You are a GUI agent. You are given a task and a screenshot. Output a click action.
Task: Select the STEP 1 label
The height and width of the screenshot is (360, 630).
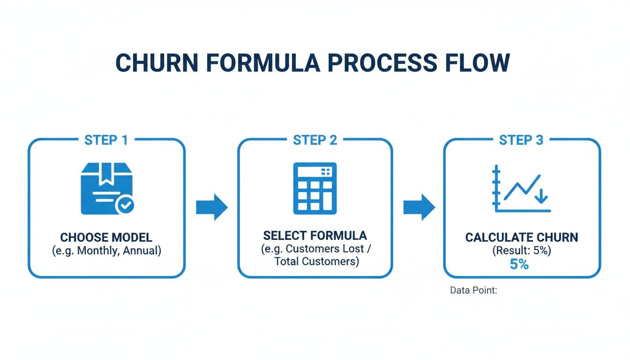[x=106, y=140]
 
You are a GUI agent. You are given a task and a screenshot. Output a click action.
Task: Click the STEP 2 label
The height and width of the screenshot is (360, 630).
[x=315, y=140]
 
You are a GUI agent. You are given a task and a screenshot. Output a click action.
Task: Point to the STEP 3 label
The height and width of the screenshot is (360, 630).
[x=521, y=140]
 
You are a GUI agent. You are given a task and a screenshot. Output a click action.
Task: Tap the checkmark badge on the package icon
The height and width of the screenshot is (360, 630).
[x=125, y=205]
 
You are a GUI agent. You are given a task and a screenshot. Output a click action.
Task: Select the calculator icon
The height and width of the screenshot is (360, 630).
[x=315, y=188]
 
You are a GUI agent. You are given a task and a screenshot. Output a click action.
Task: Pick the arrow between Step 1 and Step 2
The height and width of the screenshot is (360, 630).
[x=211, y=207]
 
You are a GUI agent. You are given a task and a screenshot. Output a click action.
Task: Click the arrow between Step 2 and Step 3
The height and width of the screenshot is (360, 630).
[x=419, y=207]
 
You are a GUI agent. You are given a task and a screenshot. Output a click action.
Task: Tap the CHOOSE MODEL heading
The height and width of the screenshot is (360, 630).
[x=106, y=237]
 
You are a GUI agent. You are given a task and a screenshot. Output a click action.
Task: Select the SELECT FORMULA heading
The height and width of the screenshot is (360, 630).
[x=315, y=235]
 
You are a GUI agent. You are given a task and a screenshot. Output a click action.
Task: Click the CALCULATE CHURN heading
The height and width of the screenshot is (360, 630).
[x=522, y=237]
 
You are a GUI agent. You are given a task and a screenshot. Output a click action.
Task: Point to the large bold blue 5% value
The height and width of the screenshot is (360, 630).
[x=519, y=265]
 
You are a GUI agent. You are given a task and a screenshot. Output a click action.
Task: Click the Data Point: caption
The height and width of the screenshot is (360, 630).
[x=473, y=291]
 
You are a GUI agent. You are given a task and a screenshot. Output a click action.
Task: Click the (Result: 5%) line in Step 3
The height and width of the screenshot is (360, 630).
[x=522, y=251]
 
